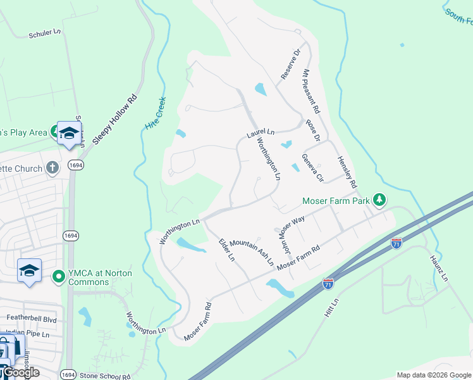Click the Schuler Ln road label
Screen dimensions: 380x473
(45, 34)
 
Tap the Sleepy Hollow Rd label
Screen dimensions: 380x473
(114, 119)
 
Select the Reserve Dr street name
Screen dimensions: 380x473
(292, 65)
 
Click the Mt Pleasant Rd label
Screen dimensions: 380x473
(311, 91)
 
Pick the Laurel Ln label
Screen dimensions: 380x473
(260, 134)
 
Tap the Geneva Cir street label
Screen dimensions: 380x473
(312, 167)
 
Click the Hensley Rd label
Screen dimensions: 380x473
(347, 172)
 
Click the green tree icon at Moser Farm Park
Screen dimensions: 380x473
(379, 200)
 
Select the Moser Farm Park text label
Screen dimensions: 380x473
(335, 201)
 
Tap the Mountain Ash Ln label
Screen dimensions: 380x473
(252, 251)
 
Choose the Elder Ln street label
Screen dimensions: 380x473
(226, 250)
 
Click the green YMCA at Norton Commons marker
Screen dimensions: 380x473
(59, 276)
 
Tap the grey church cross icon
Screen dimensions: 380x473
(53, 168)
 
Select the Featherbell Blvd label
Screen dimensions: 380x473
(31, 320)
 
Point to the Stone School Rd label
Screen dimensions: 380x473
(105, 376)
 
